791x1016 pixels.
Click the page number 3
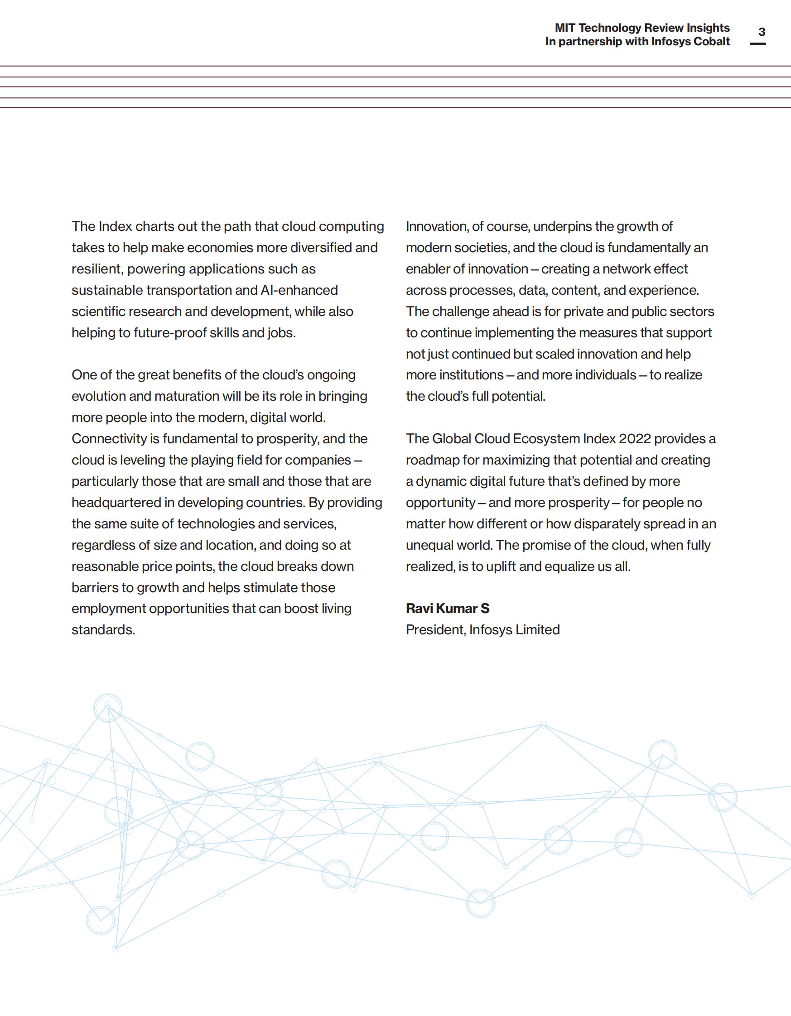point(762,32)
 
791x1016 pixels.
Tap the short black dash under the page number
point(757,44)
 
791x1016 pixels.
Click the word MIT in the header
point(565,28)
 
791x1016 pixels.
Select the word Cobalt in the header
point(711,41)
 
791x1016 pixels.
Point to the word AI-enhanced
point(299,290)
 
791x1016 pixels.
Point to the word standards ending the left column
point(103,630)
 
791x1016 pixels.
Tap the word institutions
point(454,375)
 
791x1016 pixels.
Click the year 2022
point(635,439)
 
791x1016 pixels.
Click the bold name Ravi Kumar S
point(448,609)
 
